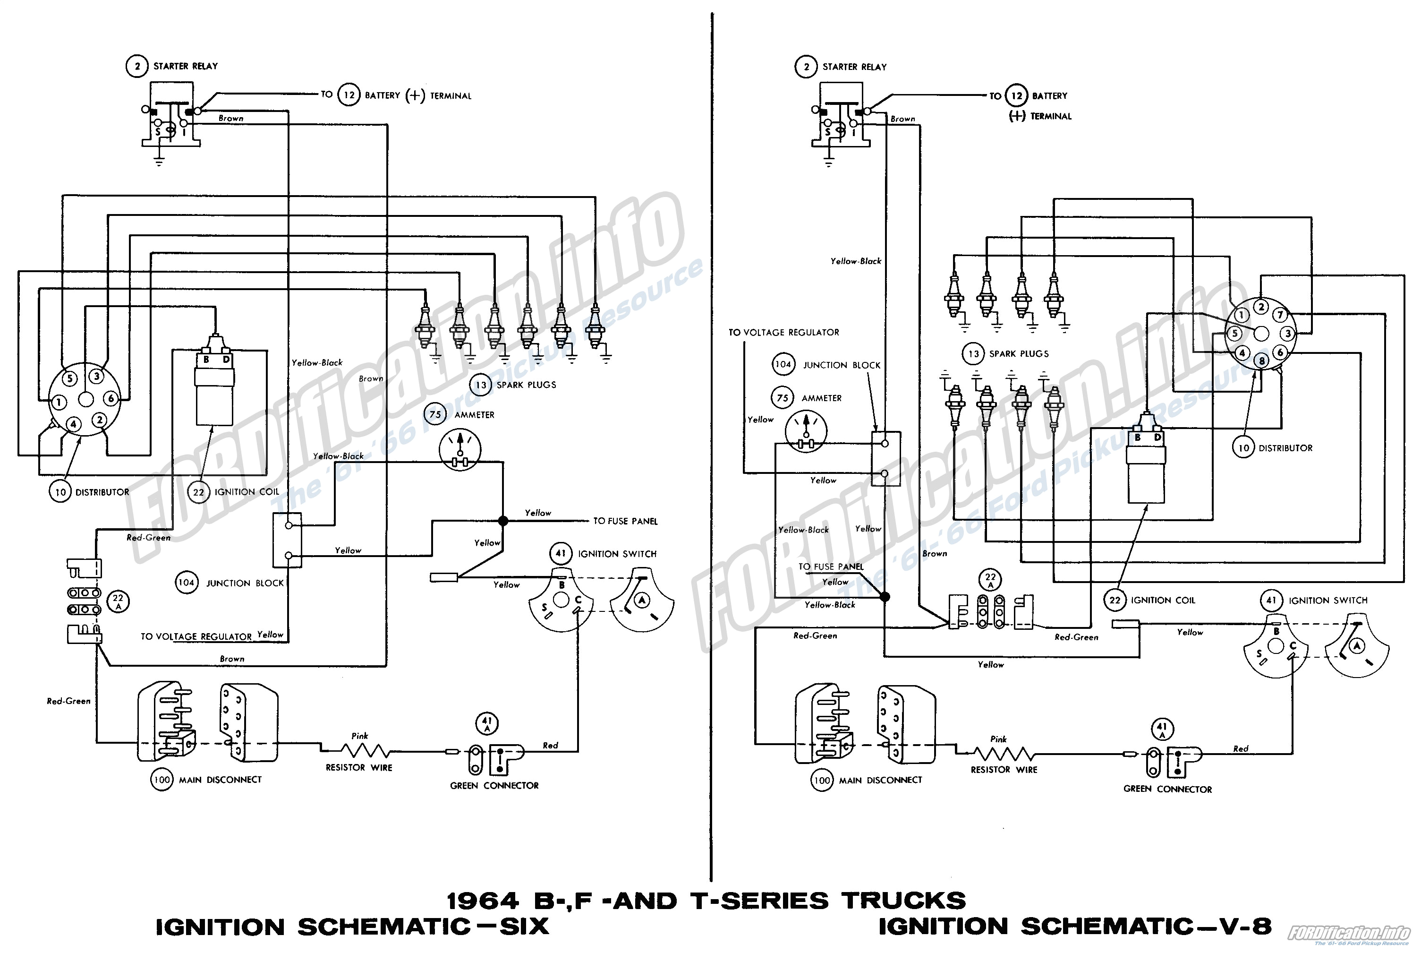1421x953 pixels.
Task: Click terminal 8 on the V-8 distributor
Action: (x=1262, y=361)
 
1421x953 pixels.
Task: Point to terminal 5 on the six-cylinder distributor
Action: (x=70, y=378)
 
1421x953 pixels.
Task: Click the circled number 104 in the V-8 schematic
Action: (x=783, y=365)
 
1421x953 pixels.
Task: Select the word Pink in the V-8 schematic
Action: (x=998, y=739)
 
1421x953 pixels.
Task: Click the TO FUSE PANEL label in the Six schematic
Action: (x=625, y=521)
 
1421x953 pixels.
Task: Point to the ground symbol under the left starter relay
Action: (x=159, y=162)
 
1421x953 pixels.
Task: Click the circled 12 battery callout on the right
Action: (x=1016, y=95)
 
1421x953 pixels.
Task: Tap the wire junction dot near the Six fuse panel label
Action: (x=502, y=521)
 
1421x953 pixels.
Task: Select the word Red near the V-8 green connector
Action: (x=1241, y=749)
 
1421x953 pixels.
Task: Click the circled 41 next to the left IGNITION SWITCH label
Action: (x=560, y=554)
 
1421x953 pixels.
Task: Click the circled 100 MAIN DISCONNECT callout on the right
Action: (x=821, y=781)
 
